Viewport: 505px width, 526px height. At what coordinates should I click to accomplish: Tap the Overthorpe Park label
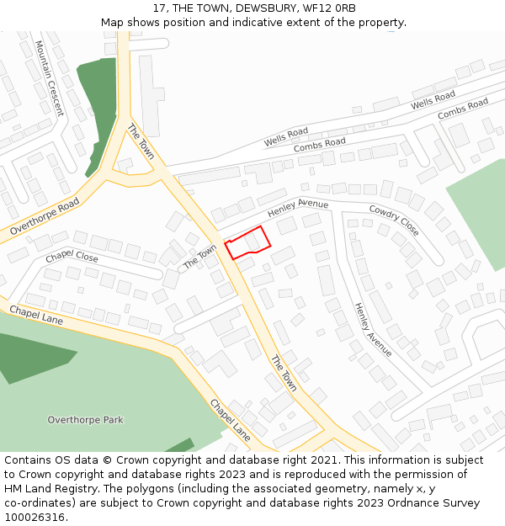(x=85, y=419)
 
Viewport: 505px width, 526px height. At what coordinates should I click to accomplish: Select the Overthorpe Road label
(x=45, y=216)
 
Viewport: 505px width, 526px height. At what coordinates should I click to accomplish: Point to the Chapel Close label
(x=72, y=257)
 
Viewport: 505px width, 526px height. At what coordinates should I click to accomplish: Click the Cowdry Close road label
(x=393, y=219)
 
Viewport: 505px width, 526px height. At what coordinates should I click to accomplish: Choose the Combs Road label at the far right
(x=462, y=109)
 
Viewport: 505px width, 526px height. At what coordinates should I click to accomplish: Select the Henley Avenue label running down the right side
(x=372, y=329)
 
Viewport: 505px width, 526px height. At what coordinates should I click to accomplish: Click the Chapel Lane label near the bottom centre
(x=230, y=419)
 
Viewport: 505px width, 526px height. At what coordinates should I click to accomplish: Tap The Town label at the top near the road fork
(x=141, y=141)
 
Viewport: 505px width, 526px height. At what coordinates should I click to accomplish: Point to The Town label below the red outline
(x=284, y=373)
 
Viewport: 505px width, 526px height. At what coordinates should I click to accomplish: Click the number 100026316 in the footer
(x=35, y=517)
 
